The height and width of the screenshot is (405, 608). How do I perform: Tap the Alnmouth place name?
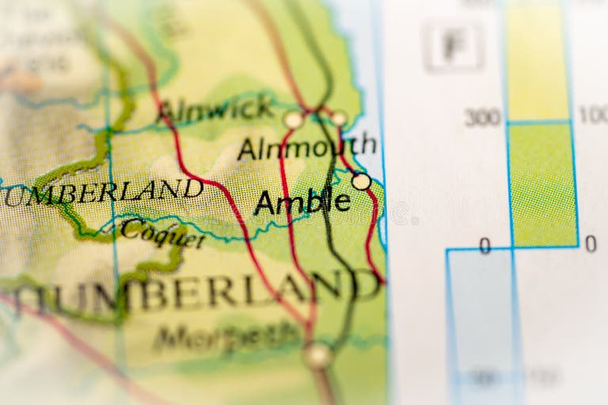coord(306,146)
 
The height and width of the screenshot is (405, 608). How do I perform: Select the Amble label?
coord(302,202)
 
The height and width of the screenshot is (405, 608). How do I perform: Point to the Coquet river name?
coord(163,233)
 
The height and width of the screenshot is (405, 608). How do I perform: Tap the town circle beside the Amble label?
coord(361,181)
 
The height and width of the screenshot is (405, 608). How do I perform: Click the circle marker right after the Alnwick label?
coord(294,119)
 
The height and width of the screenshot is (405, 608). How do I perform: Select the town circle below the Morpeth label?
coord(317,355)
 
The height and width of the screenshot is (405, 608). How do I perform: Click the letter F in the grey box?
coord(453,46)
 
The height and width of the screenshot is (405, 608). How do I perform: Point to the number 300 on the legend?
coord(482,118)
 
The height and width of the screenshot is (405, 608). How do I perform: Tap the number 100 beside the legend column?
coord(593,115)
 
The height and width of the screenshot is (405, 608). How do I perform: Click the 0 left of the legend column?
coord(484,247)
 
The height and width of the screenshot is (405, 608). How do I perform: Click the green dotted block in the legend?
coord(541,184)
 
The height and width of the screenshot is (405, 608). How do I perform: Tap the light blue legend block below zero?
coord(480,316)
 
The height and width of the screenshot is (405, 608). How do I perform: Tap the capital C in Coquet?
coord(128,229)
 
